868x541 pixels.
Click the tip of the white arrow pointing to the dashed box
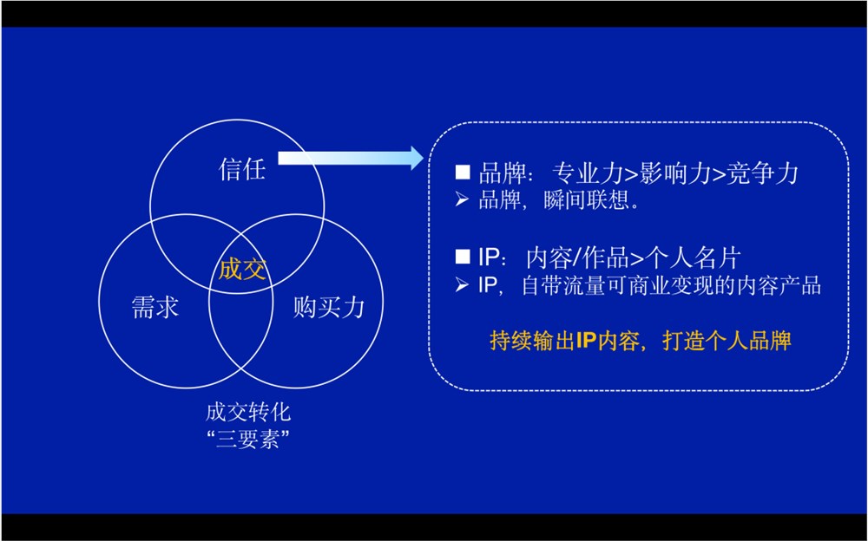tap(424, 158)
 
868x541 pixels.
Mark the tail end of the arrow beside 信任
tap(279, 158)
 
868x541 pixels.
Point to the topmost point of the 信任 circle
tap(237, 120)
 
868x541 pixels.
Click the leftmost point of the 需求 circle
tap(99, 302)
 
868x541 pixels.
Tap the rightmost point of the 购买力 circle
tap(384, 302)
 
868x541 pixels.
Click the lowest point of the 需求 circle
tap(186, 388)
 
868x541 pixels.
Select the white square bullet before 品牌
tap(463, 172)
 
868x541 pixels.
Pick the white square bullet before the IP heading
tap(463, 256)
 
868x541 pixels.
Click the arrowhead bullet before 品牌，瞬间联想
tap(462, 199)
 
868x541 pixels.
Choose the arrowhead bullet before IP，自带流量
tap(462, 285)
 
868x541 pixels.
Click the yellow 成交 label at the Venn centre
tap(242, 270)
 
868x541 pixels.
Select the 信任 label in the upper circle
tap(242, 168)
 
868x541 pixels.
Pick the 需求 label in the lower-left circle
tap(155, 307)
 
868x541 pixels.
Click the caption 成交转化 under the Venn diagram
tap(248, 412)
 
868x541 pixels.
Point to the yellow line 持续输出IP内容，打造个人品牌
tap(641, 341)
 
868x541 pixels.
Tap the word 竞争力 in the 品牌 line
tap(762, 173)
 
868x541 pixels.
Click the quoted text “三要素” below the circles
tap(248, 440)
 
